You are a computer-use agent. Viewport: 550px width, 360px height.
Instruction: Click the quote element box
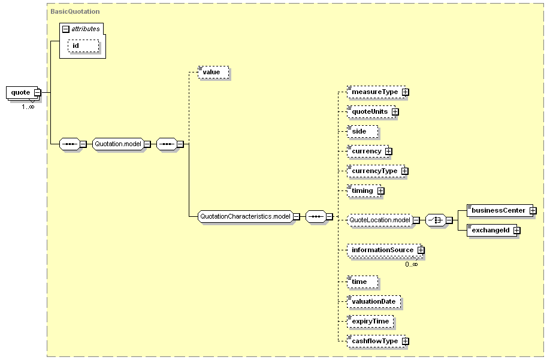[22, 92]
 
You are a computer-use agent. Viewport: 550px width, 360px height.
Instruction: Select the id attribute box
[83, 46]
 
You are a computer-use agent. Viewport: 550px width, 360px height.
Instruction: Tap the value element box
[213, 72]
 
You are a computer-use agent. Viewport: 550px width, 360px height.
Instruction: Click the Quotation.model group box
[118, 144]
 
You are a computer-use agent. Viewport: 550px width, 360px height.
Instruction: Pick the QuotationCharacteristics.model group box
[245, 217]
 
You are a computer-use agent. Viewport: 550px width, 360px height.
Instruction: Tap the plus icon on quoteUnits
[395, 112]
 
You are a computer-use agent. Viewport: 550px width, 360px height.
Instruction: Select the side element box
[362, 131]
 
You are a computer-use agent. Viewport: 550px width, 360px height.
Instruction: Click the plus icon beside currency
[389, 152]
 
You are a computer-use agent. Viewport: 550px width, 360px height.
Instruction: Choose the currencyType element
[376, 171]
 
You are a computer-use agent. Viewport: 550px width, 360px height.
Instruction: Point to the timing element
[364, 190]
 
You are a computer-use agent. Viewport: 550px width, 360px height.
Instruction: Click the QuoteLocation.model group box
[379, 220]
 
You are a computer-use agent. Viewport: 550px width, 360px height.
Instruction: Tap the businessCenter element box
[500, 211]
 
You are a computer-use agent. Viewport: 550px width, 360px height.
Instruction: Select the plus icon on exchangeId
[516, 230]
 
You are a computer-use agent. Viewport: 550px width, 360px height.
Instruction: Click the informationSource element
[385, 250]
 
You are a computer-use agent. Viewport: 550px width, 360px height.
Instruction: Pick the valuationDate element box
[374, 301]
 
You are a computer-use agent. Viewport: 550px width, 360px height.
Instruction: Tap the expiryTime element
[370, 321]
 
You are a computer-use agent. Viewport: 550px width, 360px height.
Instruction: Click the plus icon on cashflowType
[406, 341]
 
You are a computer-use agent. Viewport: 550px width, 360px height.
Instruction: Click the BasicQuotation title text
[75, 11]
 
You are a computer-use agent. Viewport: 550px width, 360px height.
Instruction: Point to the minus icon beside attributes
[66, 29]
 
